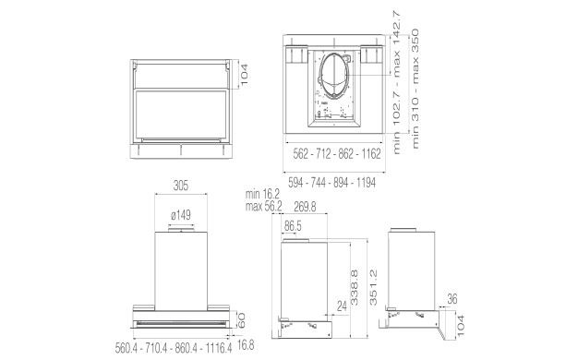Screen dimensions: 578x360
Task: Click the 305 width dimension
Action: click(181, 186)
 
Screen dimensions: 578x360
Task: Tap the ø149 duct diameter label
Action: click(181, 215)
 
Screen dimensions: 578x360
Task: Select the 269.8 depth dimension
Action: click(305, 207)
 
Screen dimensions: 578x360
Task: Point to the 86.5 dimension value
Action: click(293, 226)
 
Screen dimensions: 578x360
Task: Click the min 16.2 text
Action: click(263, 194)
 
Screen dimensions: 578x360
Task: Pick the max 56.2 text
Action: click(263, 207)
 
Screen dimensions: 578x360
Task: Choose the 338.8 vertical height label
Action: click(355, 287)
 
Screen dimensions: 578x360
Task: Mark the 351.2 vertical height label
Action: click(373, 287)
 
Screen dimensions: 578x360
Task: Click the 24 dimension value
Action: click(342, 306)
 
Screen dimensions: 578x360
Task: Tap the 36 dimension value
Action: click(452, 299)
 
